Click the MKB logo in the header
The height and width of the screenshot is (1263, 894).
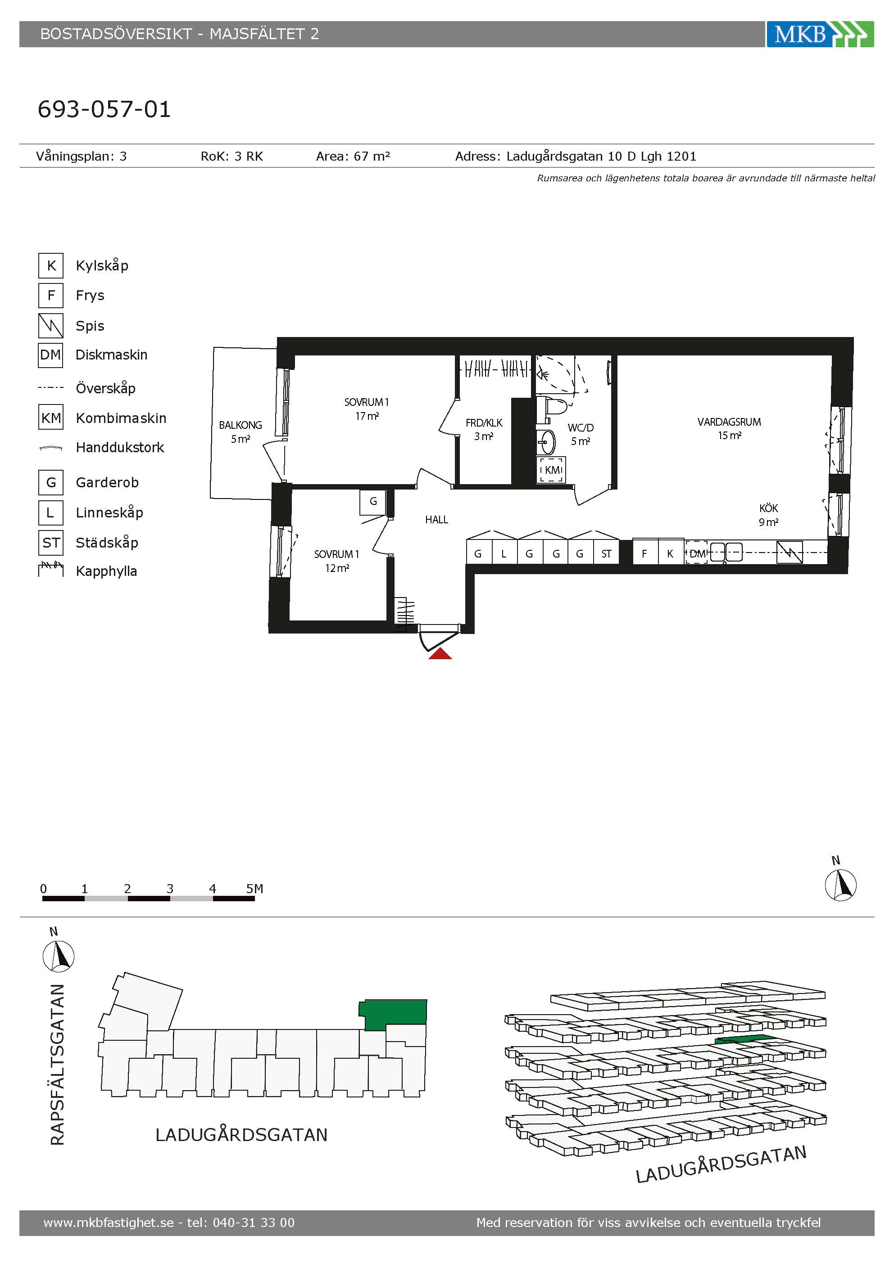point(820,34)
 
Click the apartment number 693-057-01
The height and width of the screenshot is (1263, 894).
point(104,109)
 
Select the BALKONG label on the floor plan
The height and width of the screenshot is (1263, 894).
point(240,425)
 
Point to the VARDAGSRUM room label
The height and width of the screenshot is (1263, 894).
point(729,422)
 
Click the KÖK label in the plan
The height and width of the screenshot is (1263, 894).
point(768,508)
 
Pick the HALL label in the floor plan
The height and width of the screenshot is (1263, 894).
point(436,519)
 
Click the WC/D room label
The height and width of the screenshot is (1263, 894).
point(581,427)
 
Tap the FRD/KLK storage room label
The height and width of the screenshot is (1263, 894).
point(484,423)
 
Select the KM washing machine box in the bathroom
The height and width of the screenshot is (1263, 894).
point(552,470)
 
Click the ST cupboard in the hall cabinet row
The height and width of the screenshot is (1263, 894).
point(606,553)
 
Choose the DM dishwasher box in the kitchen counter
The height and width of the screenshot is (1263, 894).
point(697,553)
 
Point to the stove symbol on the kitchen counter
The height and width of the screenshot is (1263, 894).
point(790,552)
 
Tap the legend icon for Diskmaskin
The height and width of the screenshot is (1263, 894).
point(50,355)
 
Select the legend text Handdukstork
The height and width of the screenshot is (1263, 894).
point(120,447)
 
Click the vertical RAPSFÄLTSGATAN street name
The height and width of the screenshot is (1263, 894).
point(57,1065)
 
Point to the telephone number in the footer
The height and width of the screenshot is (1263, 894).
point(254,1223)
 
